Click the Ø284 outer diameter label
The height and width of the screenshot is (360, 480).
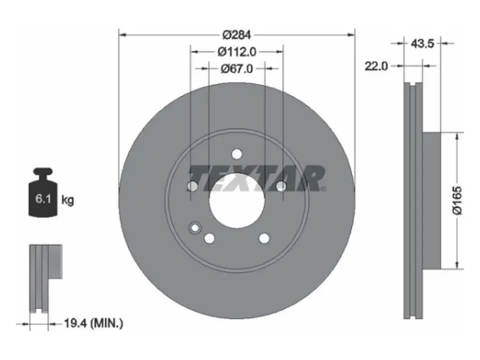pos(237,35)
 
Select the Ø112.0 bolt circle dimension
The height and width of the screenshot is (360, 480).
pos(237,52)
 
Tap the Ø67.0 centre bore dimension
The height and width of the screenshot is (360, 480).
pos(237,68)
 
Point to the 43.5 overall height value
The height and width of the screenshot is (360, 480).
pos(422,44)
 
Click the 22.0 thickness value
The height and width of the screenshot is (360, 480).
pos(376,66)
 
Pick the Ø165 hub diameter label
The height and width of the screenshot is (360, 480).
pos(457,200)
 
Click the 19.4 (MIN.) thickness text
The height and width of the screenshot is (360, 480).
pos(93,323)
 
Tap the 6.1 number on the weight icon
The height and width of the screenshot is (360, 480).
pos(43,199)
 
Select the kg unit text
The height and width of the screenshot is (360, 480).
pos(67,200)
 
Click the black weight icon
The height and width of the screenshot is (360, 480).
pos(43,193)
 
